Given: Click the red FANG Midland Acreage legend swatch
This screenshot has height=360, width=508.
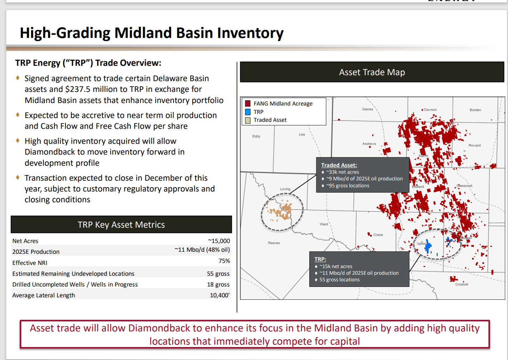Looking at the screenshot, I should coord(248,103).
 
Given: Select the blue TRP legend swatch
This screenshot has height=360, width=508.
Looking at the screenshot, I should coord(248,112).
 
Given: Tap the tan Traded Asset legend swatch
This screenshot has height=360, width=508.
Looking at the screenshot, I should coord(248,120).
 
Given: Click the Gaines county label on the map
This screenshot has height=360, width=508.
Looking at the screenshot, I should coord(367,109).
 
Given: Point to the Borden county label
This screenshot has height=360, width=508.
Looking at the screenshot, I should coord(475,110).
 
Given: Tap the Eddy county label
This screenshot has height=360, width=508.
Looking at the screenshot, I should coord(256,136).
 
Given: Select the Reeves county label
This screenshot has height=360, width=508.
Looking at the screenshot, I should coord(274,243).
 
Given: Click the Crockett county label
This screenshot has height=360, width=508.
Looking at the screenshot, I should coord(462,284).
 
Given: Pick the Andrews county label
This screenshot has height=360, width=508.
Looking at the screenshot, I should coord(369,144).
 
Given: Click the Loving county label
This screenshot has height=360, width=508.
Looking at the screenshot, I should coord(285,189).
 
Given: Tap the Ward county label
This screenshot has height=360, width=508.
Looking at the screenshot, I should coord(324,224).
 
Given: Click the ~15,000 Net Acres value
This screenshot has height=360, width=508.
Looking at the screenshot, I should coord(219,241).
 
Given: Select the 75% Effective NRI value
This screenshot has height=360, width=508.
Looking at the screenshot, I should coord(224,261).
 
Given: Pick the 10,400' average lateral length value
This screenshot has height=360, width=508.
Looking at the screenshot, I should coord(220,295).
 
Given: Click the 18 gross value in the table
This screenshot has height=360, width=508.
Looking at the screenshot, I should coord(218,284).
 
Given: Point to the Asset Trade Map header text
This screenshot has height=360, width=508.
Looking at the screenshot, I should coord(372,72).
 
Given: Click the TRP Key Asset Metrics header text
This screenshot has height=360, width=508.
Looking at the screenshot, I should coord(121,225).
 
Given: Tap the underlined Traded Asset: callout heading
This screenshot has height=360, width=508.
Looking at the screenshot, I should coord(339,165).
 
